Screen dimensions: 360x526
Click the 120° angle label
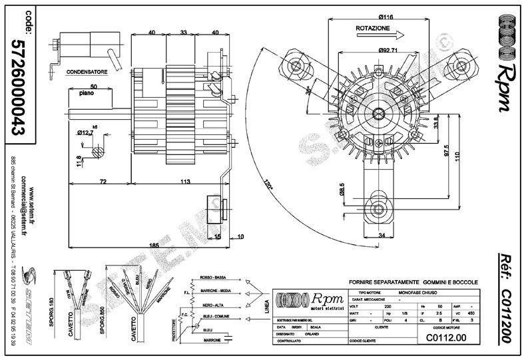tap(268, 186)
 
